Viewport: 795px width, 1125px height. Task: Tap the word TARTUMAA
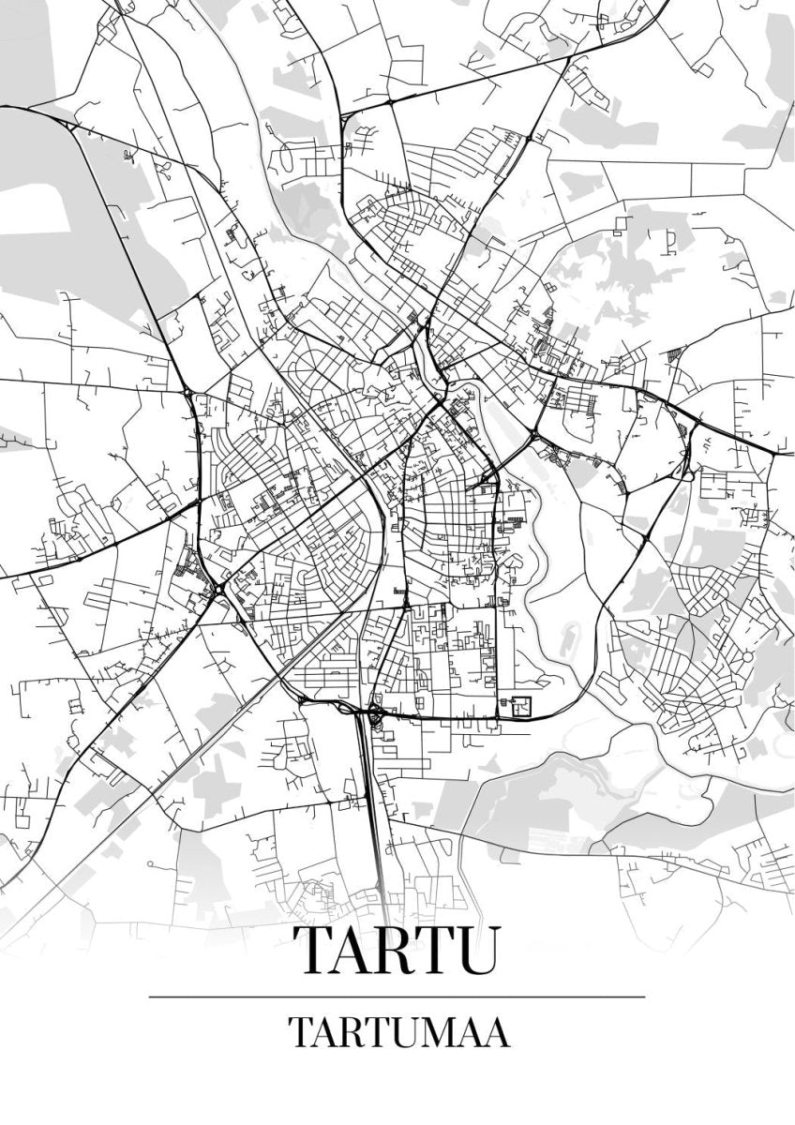point(398,1032)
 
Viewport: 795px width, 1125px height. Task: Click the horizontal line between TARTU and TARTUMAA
point(397,997)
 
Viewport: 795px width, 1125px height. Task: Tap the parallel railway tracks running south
point(372,806)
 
